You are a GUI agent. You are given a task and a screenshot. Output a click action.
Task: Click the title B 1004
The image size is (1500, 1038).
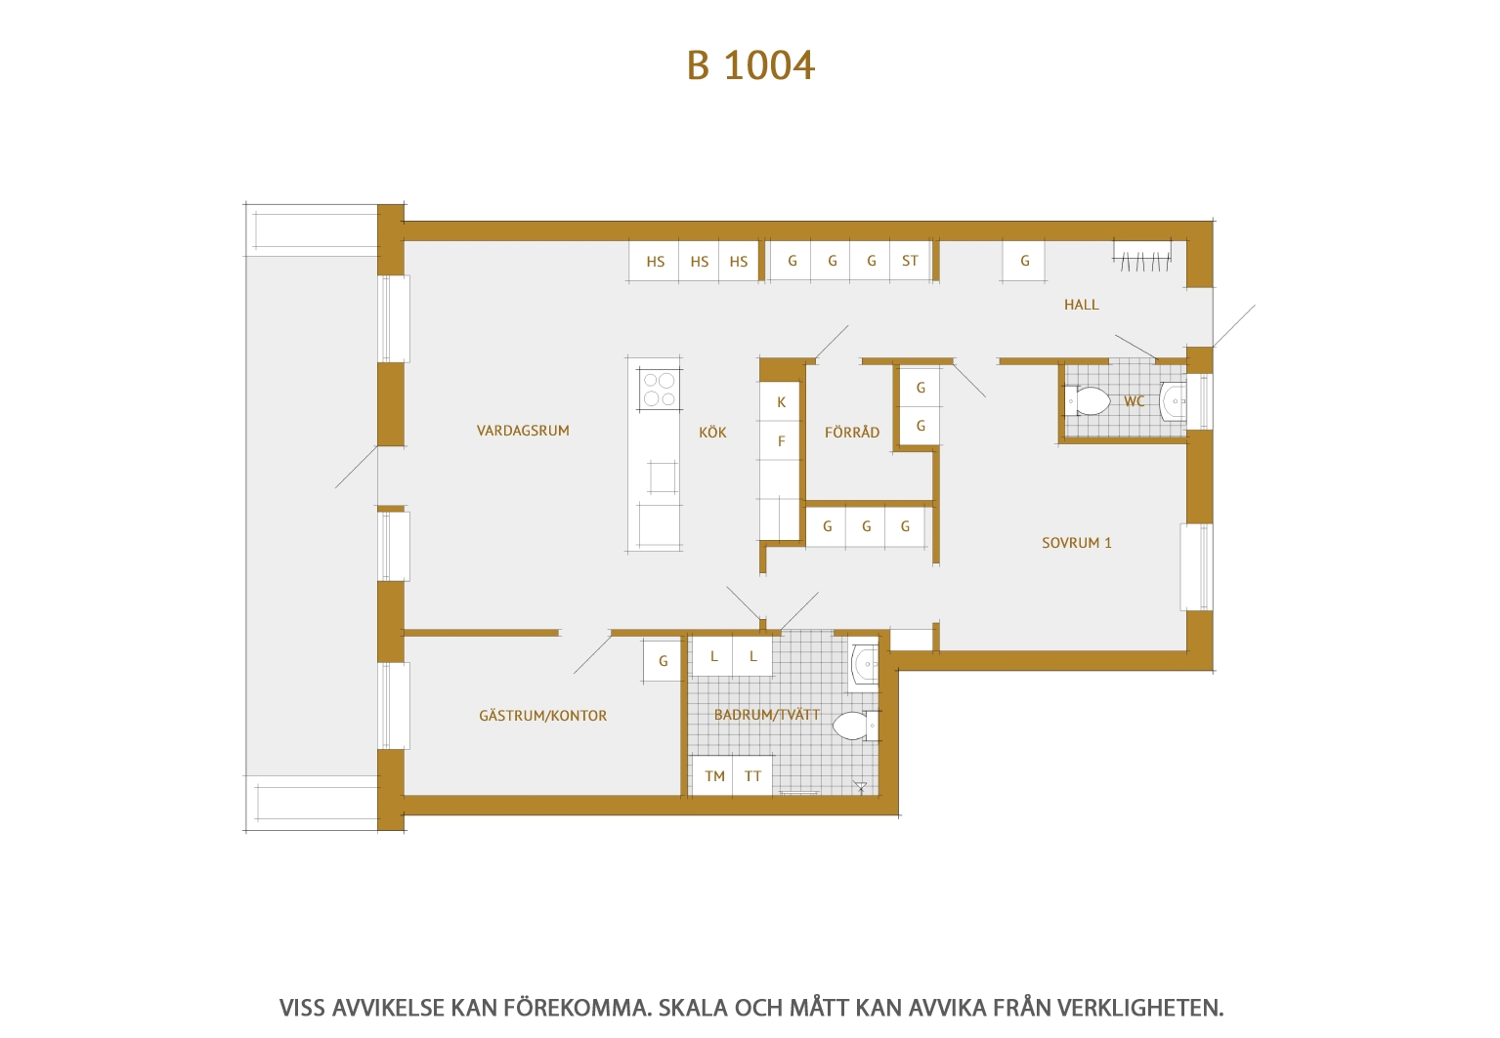(x=750, y=65)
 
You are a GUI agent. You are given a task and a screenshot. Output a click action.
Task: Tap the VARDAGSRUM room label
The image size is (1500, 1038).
(x=523, y=431)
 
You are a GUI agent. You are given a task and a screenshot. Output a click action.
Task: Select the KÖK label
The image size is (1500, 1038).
(x=712, y=433)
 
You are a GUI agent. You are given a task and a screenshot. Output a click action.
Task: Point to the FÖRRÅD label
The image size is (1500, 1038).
(x=852, y=433)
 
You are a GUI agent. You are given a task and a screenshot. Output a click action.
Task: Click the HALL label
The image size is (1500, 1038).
(x=1082, y=305)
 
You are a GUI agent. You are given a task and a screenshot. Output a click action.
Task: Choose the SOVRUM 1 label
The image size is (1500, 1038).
(x=1077, y=543)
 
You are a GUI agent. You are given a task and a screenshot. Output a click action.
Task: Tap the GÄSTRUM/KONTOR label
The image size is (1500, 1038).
(x=543, y=716)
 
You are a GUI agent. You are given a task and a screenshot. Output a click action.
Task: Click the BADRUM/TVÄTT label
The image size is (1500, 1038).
(x=767, y=715)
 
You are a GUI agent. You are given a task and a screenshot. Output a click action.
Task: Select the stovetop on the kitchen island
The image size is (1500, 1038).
(x=660, y=390)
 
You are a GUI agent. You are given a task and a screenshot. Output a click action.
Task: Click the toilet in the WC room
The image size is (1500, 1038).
(x=1088, y=401)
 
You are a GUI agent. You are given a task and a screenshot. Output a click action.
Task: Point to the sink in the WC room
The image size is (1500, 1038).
(x=1174, y=401)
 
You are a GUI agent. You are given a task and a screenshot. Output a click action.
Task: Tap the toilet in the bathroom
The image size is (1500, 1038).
(x=856, y=726)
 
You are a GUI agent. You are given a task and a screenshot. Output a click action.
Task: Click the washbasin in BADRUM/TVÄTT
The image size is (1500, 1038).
(x=864, y=664)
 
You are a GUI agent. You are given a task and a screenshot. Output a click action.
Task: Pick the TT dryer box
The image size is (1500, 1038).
(x=752, y=775)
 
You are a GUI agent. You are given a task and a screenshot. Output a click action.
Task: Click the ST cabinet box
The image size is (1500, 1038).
(x=910, y=261)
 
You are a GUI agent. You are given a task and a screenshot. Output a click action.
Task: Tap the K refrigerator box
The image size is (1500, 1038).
(x=781, y=401)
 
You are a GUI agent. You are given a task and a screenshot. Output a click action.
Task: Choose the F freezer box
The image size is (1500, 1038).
(x=781, y=441)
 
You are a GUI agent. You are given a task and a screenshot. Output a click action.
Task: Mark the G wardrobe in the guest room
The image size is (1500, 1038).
(x=663, y=660)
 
